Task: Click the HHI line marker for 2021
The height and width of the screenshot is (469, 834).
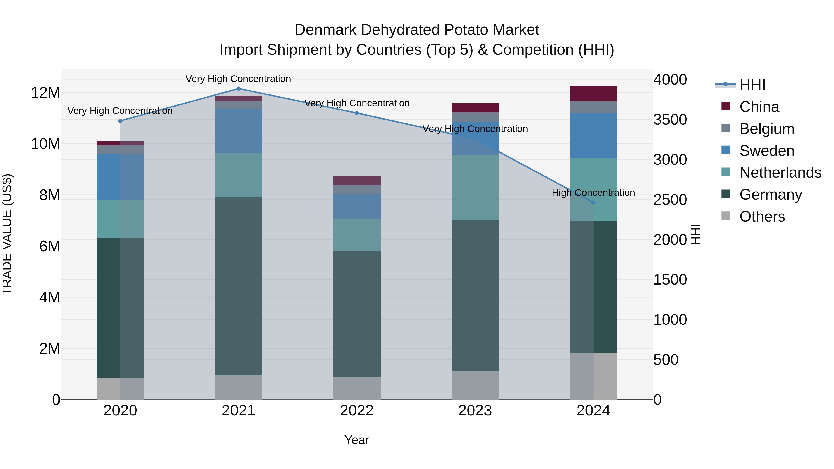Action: (239, 89)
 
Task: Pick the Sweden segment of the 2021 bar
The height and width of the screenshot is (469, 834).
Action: (239, 131)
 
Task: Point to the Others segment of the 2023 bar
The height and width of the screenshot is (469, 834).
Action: (475, 385)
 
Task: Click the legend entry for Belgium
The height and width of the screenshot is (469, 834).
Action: (767, 129)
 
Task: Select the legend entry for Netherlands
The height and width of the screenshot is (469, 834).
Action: (780, 173)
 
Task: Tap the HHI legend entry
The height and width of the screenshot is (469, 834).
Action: (752, 85)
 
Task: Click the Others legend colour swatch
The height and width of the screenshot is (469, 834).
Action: (726, 216)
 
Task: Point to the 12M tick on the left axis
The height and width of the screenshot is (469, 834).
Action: (45, 93)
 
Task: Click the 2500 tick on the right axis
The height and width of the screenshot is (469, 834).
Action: (670, 200)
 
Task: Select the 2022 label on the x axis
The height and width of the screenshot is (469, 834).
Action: (357, 411)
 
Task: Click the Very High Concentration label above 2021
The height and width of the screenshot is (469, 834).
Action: (238, 79)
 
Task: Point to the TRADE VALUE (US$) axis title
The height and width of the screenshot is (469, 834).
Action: (7, 234)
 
